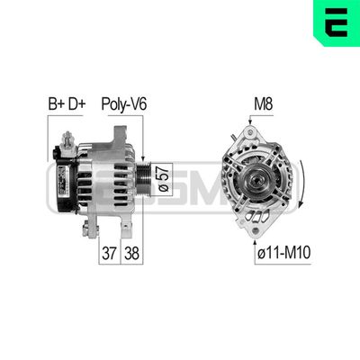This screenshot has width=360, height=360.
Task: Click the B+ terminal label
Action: pyautogui.click(x=55, y=106)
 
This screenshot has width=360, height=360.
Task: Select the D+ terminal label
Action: pyautogui.click(x=77, y=106)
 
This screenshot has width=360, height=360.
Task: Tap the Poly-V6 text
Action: pyautogui.click(x=123, y=106)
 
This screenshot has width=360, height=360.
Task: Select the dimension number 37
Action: pyautogui.click(x=108, y=253)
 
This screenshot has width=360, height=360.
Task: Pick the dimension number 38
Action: pyautogui.click(x=130, y=253)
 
